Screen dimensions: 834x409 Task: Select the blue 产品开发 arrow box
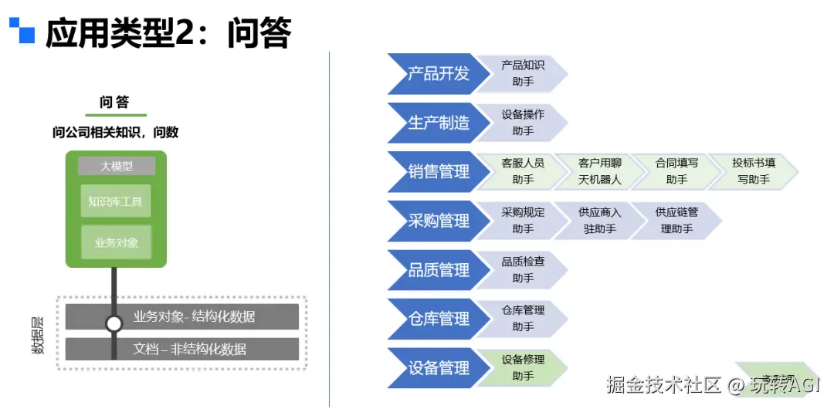[437, 73]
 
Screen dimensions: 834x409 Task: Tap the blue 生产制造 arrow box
[437, 123]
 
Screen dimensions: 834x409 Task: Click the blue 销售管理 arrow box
[437, 171]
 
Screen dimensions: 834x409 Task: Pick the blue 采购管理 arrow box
[437, 221]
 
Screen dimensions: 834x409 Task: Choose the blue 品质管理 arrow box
[437, 270]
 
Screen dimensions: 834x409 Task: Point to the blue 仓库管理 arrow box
[437, 319]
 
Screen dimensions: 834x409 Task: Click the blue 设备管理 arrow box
[437, 368]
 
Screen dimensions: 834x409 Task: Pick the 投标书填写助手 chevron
[754, 171]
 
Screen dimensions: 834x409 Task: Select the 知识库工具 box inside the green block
[116, 201]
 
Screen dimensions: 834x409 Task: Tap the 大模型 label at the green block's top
[116, 166]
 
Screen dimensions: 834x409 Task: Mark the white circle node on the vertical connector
[114, 324]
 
